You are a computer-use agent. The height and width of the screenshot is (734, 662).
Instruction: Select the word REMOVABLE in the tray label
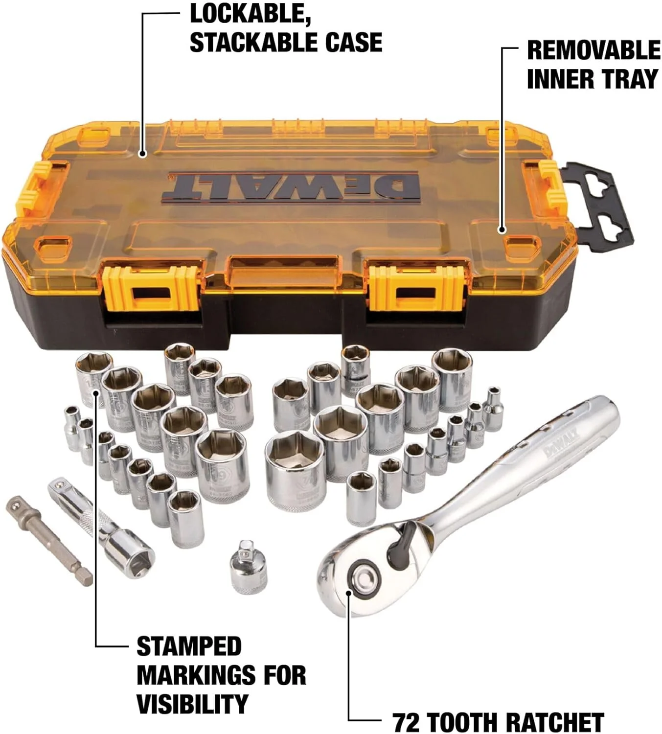593,50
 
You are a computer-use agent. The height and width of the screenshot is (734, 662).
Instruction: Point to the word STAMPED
189,646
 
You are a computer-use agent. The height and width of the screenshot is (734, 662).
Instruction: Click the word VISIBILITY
192,704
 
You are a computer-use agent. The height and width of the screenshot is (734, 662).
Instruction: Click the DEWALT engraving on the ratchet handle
560,443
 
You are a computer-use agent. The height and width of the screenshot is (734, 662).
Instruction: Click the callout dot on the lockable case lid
142,154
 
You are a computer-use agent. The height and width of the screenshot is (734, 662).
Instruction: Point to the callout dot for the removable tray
502,229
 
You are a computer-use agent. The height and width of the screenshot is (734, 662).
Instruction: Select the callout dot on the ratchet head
348,593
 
